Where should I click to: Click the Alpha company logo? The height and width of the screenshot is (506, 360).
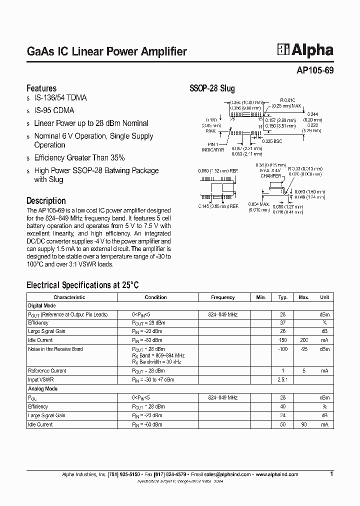coord(305,50)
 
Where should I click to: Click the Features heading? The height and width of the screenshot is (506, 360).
coord(41,88)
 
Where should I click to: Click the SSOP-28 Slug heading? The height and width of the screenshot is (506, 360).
coord(212,88)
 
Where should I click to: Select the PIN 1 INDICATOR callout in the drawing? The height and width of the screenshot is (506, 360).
coord(213,147)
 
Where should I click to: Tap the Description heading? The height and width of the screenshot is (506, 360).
coord(46,201)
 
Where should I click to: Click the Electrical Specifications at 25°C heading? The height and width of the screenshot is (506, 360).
coord(82,285)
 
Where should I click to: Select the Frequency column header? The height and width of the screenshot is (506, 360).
coord(222,297)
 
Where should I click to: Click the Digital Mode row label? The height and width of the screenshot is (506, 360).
coord(42,305)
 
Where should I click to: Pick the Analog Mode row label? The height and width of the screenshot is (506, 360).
coord(42,388)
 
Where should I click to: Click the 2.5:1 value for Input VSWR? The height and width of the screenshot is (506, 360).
coord(282,379)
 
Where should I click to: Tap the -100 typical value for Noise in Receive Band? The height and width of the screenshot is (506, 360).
coord(282,349)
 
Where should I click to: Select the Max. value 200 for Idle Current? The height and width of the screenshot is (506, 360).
coord(304,340)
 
